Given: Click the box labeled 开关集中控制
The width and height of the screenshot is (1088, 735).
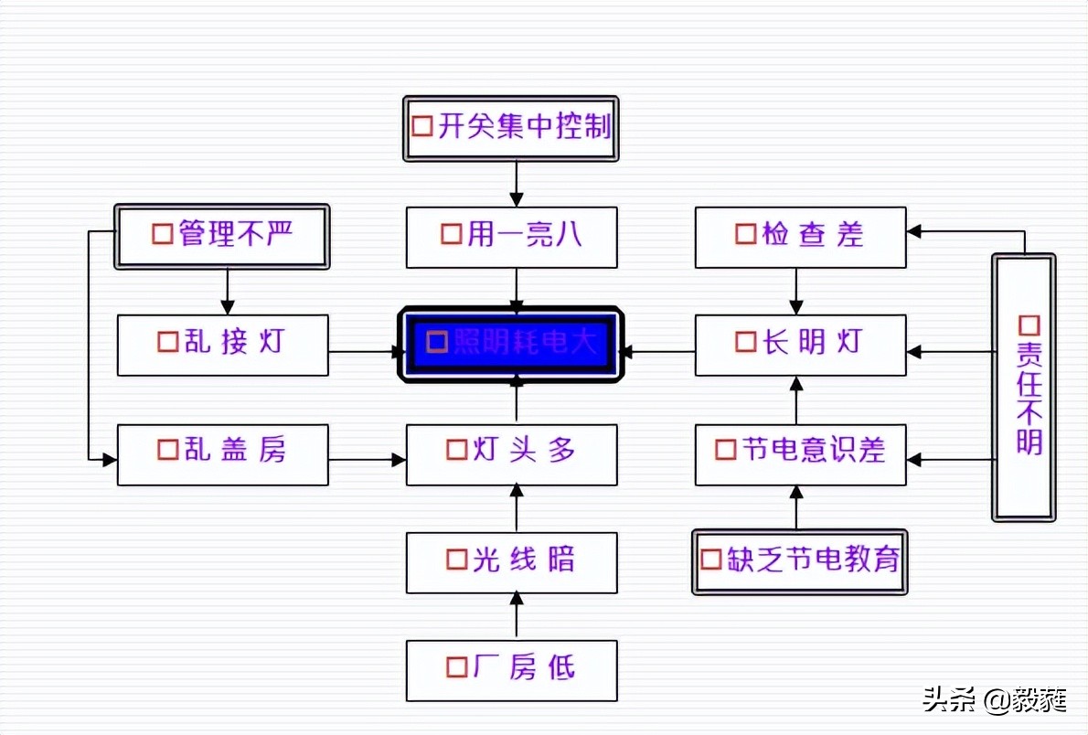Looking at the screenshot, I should click(511, 128).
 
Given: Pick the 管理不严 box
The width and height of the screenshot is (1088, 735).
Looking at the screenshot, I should click(221, 236).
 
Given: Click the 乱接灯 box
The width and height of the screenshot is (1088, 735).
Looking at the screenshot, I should click(222, 345).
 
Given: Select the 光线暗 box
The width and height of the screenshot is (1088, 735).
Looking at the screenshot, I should click(511, 561).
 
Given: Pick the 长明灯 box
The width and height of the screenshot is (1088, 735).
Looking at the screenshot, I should click(800, 345).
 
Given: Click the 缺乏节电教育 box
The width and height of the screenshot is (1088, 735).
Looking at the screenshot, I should click(800, 561).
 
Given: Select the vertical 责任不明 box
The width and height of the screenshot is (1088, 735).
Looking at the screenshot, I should click(1024, 388).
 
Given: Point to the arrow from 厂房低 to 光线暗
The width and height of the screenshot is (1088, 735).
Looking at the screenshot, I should click(517, 616).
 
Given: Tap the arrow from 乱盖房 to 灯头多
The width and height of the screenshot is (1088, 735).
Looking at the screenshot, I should click(367, 460).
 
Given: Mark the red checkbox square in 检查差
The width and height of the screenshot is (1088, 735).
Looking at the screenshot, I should click(746, 234).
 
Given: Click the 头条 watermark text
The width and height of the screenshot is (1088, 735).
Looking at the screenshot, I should click(947, 699).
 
